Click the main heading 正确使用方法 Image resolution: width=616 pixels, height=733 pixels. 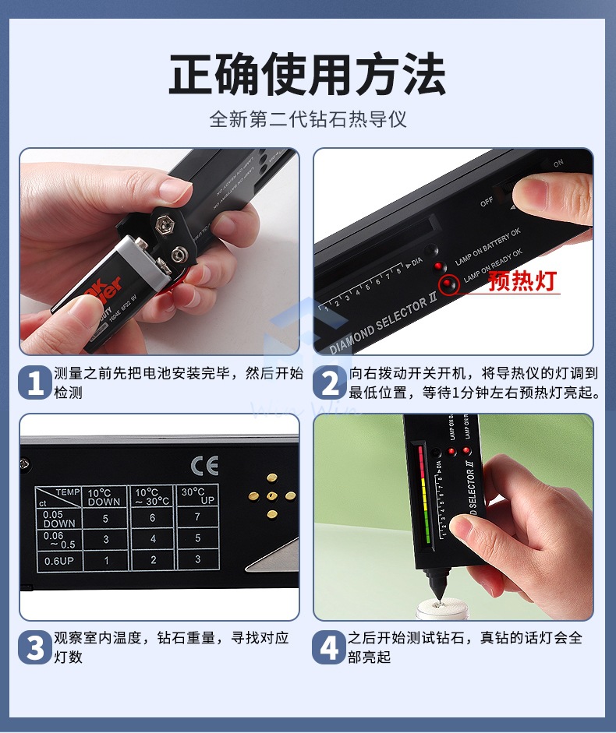coord(307,76)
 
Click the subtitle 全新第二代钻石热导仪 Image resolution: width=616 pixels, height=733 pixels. coord(307,120)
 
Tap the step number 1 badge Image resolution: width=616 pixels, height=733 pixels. coord(35,382)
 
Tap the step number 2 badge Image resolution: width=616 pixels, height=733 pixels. coord(331,382)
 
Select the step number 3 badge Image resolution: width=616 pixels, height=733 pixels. coord(35,647)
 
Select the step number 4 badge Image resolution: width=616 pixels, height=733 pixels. coord(331,647)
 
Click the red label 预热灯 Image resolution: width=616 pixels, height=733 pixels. coord(522,281)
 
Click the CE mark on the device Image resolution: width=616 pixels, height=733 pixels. coord(204,465)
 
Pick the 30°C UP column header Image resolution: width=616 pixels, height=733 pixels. coord(196,497)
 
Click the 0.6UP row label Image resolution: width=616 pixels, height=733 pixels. coord(58,560)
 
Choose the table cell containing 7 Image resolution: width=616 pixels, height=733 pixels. coord(197,518)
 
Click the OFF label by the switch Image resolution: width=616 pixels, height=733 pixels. coord(487,201)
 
